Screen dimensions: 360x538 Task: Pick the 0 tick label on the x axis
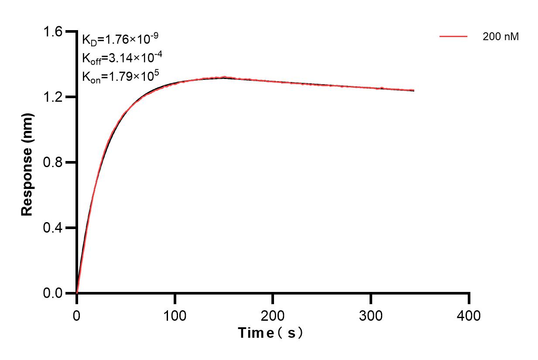[x=77, y=315]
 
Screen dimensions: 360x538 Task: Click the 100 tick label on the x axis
[x=175, y=315]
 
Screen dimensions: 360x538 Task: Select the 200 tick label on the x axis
[x=273, y=315]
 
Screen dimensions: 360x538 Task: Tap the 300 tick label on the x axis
[x=371, y=315]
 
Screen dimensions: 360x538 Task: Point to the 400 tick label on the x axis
[x=469, y=315]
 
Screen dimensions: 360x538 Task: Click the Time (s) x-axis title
[x=270, y=333]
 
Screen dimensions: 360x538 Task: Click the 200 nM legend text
[x=500, y=37]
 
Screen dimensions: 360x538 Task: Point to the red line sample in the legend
[x=453, y=37]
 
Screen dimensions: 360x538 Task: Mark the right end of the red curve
[x=414, y=90]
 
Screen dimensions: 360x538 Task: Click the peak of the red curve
[x=224, y=77]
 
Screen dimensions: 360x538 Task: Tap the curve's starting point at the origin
[x=77, y=293]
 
